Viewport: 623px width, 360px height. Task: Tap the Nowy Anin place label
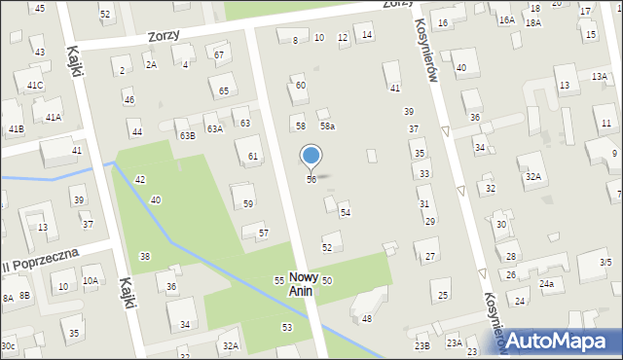tap(304, 283)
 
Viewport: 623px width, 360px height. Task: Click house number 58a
tap(328, 126)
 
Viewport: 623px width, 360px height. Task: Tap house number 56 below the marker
tap(311, 180)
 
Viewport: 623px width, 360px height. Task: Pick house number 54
tap(345, 212)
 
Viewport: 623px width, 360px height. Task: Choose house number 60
tap(301, 86)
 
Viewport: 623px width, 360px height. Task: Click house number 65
tap(224, 90)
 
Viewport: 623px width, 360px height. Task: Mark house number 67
tap(219, 54)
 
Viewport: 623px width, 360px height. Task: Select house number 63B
tap(187, 135)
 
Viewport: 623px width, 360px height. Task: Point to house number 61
tap(253, 156)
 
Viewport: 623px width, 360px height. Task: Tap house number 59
tap(248, 203)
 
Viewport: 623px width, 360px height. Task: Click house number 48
tap(367, 319)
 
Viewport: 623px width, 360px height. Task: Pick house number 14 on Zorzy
tap(366, 35)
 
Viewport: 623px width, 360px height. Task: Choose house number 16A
tap(506, 19)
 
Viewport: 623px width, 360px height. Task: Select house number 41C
tap(35, 86)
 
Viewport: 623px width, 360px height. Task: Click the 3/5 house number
tap(605, 263)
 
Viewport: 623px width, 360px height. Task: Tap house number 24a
tap(547, 284)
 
